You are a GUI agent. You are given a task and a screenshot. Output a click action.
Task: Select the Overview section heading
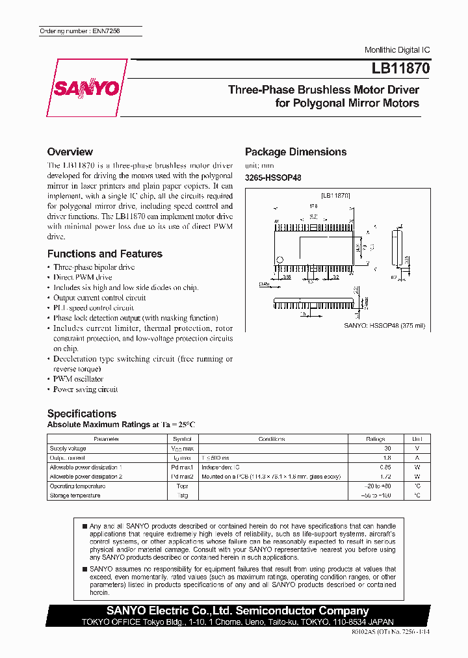[x=70, y=151]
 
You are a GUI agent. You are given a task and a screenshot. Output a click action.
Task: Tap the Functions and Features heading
[x=105, y=254]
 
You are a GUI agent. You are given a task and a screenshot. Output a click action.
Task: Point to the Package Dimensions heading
[x=295, y=151]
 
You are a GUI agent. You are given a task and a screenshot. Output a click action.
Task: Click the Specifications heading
[x=82, y=414]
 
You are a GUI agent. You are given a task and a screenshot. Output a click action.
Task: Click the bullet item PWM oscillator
[x=78, y=379]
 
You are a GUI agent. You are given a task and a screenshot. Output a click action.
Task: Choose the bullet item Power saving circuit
[x=85, y=389]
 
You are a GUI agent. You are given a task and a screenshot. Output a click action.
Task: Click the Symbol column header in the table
[x=181, y=439]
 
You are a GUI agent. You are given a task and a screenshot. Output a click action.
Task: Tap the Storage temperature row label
[x=75, y=495]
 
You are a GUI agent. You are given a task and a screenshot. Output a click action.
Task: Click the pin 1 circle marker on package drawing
[x=280, y=261]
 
